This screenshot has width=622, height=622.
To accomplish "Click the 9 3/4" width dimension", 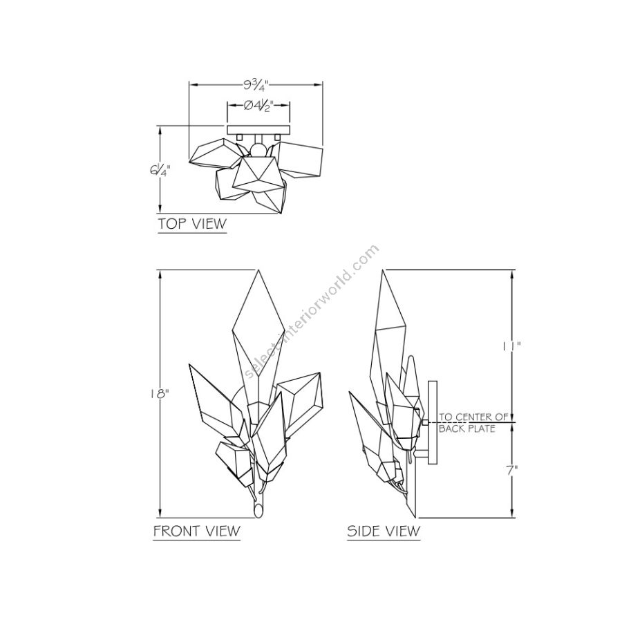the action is coord(256,84).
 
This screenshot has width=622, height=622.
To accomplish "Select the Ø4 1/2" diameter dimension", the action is coord(258,106).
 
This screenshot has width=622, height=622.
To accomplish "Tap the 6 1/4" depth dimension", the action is coord(160,171).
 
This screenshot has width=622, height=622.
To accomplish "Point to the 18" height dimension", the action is coord(160,393).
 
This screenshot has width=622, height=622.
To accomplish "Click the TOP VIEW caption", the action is coord(192,224).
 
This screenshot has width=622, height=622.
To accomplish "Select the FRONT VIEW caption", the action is coord(197,531).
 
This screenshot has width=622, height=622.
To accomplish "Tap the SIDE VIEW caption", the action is coord(384,531).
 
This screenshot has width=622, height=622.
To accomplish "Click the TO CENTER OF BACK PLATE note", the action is coord(473,422).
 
